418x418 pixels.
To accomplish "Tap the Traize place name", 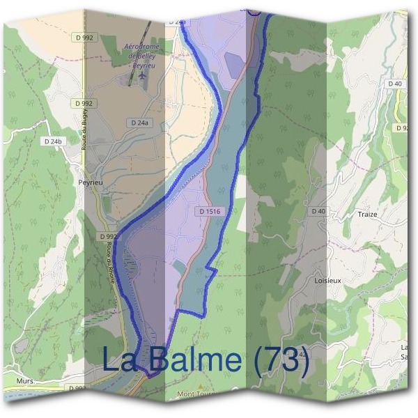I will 366,215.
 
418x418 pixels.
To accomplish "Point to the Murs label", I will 25,382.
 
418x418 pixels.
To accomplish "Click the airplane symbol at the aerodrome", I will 142,75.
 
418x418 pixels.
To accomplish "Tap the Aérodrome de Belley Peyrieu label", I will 142,54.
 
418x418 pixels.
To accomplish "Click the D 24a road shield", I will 139,123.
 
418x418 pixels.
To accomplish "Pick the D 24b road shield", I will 53,141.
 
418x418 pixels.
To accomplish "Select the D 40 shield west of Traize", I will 318,210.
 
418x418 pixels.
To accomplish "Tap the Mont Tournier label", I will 198,394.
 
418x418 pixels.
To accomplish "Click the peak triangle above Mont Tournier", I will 201,385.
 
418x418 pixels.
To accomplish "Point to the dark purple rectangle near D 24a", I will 235,63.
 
